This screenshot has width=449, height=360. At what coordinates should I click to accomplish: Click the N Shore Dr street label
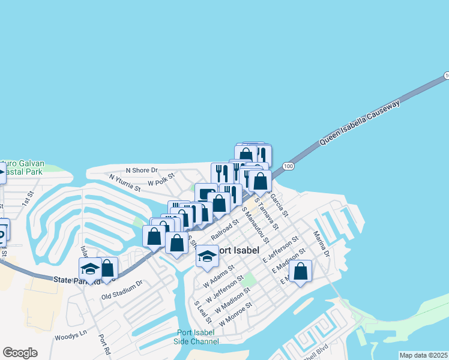point(141,170)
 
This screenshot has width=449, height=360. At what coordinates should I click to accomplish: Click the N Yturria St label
point(125,182)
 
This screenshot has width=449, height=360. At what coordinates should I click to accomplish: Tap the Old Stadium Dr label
point(122,289)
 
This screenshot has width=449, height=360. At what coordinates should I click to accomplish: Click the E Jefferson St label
point(280,250)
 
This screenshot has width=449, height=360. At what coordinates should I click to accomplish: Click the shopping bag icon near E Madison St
point(301,271)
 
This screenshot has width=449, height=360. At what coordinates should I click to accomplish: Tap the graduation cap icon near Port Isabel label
point(207,256)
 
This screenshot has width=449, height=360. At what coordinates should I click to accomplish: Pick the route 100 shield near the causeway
point(288,166)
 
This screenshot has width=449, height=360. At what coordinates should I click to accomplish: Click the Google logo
point(20,353)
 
